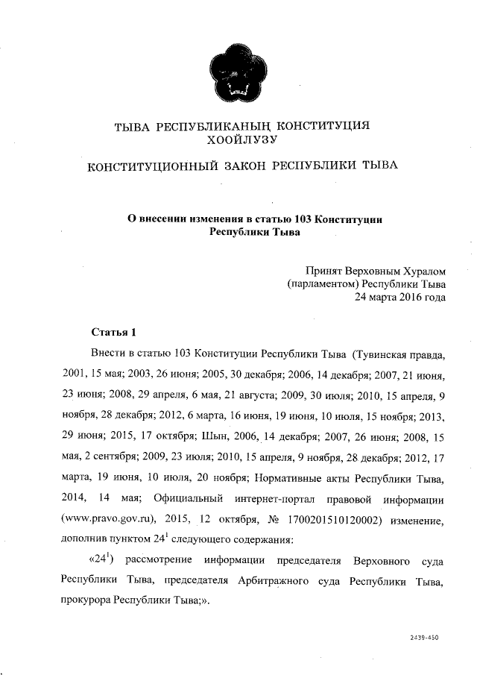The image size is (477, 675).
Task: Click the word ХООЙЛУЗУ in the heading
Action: (x=244, y=139)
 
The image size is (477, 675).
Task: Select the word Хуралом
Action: (x=422, y=271)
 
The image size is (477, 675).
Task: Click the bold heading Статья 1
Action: (x=113, y=331)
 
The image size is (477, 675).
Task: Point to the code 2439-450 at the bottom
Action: (x=424, y=638)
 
